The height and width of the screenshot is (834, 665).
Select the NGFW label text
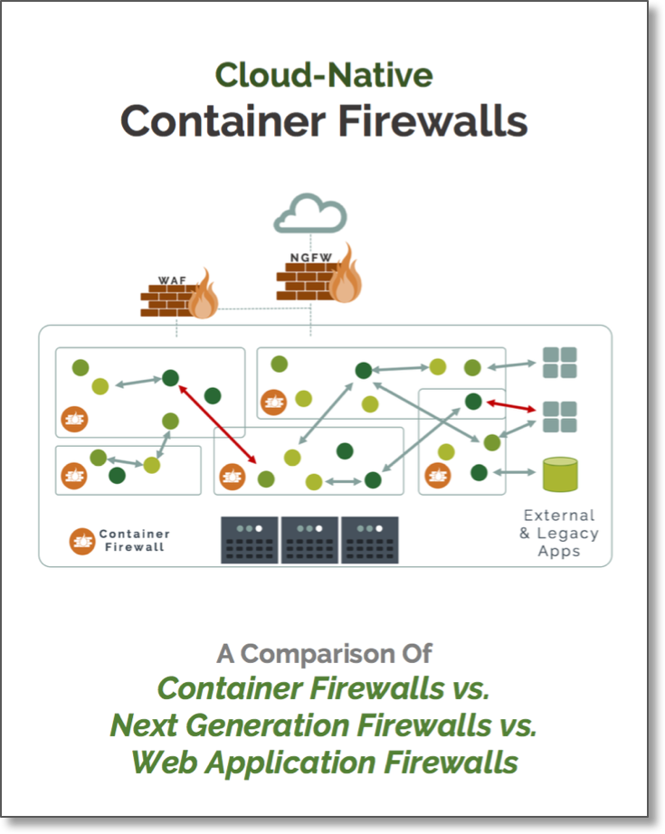coord(305,258)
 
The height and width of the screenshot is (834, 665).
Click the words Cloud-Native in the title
coord(324,75)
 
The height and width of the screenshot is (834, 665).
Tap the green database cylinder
coord(559,473)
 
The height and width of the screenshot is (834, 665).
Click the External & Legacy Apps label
coord(558,533)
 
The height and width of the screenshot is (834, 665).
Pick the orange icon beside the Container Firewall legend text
coord(82,541)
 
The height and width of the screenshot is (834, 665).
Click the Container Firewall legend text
coord(134,541)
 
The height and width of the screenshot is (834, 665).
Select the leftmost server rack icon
coord(250,540)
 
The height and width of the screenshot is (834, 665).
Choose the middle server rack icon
coord(309,540)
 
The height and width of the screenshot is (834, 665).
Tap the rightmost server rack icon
coord(369,540)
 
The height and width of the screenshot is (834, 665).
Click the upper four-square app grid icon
coord(559,363)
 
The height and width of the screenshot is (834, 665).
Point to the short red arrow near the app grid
coord(512,406)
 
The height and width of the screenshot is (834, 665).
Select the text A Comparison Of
coord(324,653)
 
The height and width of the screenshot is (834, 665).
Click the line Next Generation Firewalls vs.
coord(324,725)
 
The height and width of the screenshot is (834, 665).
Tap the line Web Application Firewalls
coord(324,762)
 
